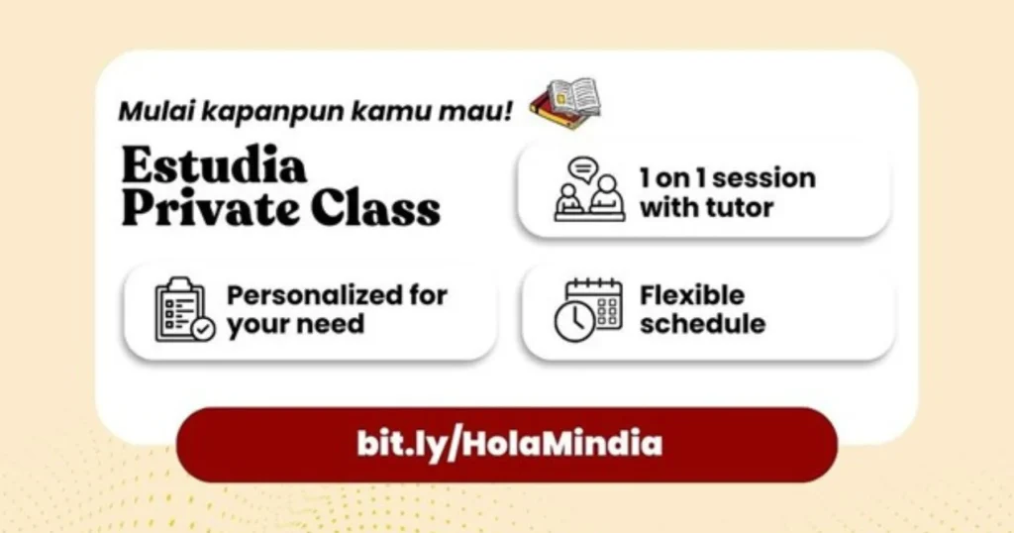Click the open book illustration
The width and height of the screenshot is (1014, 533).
(x=565, y=103)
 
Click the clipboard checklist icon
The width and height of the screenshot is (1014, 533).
(x=184, y=309)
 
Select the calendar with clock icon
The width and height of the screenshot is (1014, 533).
(x=588, y=309)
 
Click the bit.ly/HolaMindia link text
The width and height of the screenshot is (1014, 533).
(x=508, y=443)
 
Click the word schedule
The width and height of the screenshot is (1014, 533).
(x=702, y=324)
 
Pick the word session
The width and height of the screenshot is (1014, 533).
(x=763, y=179)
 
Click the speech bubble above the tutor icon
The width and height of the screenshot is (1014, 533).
(x=583, y=168)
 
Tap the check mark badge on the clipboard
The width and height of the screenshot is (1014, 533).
(x=203, y=328)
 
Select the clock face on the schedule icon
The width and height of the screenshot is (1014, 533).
(x=574, y=322)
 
